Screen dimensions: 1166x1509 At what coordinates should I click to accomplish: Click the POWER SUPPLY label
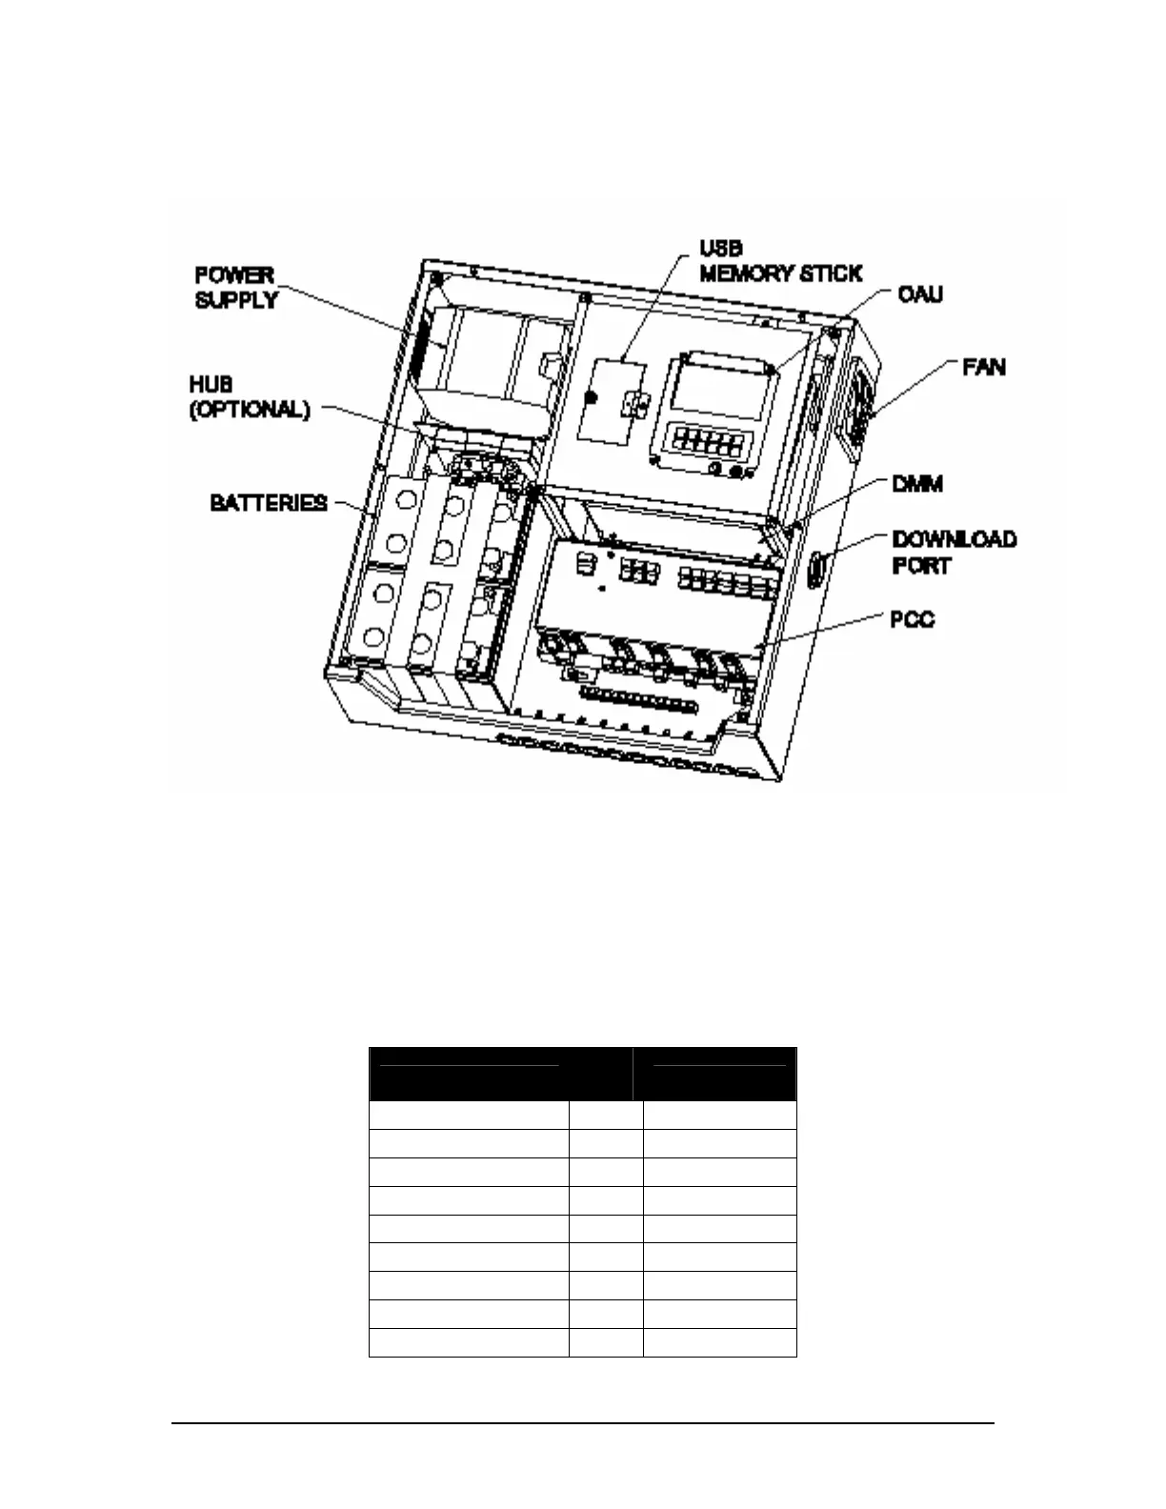coord(235,287)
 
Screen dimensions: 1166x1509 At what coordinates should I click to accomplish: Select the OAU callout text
coord(920,293)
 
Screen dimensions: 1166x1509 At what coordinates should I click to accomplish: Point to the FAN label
coord(984,367)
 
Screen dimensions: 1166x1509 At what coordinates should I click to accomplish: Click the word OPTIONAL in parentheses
coord(251,411)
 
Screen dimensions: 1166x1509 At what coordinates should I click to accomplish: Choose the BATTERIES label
coord(269,502)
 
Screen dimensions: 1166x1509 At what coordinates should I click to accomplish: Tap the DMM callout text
coord(916,484)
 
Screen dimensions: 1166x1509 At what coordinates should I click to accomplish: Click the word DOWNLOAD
coord(954,539)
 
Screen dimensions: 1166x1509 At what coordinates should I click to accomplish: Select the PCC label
coord(912,619)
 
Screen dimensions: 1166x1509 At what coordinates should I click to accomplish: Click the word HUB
coord(211,385)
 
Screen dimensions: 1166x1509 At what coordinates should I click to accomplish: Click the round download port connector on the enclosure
coord(817,571)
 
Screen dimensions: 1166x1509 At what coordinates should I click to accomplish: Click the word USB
coord(721,248)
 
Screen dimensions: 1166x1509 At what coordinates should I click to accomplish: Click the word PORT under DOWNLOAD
coord(921,565)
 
